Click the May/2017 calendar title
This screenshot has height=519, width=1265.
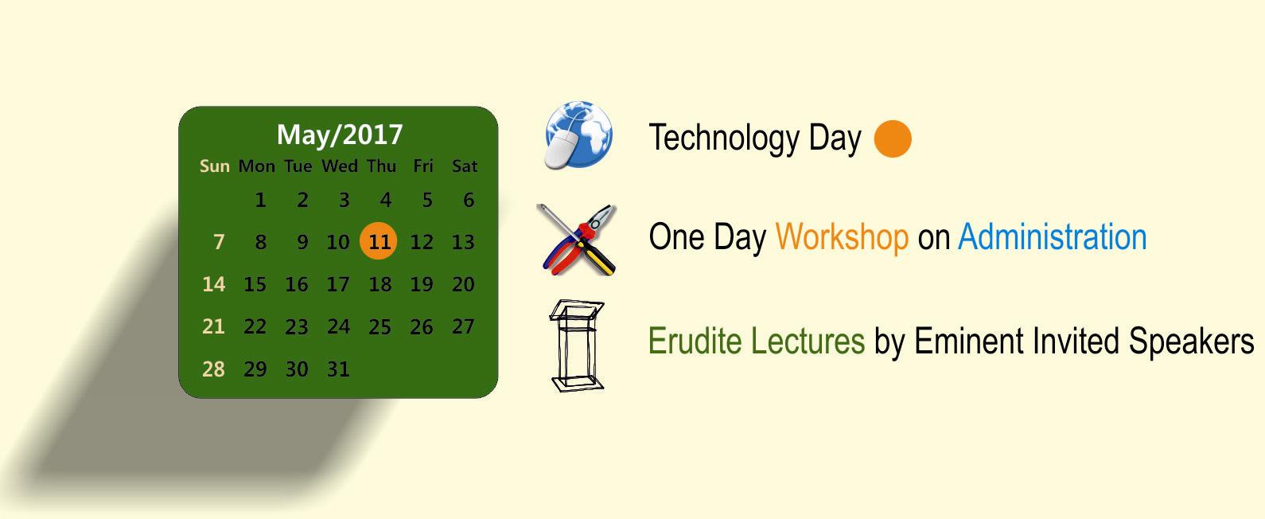click(340, 135)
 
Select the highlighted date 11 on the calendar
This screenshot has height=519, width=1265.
click(379, 241)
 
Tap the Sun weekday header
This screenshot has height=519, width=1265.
click(215, 166)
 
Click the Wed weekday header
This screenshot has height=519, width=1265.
click(340, 166)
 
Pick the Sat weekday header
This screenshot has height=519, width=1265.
click(464, 166)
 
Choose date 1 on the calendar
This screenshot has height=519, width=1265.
click(260, 200)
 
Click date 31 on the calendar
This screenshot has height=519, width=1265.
click(338, 369)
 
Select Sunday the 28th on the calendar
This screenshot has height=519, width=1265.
click(213, 369)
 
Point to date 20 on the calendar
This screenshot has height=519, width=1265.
click(463, 284)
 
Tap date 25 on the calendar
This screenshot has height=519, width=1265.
click(380, 327)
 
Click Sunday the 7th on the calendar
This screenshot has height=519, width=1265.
click(219, 242)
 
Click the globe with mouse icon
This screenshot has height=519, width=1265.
click(578, 135)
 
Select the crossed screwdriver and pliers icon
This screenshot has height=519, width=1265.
click(577, 240)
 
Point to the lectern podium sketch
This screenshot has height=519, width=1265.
click(577, 345)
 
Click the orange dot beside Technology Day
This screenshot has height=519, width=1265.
click(893, 139)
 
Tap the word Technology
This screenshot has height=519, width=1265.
click(724, 139)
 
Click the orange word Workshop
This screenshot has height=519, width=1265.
click(842, 236)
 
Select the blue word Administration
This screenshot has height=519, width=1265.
click(1052, 236)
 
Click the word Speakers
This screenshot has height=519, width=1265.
click(1191, 341)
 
